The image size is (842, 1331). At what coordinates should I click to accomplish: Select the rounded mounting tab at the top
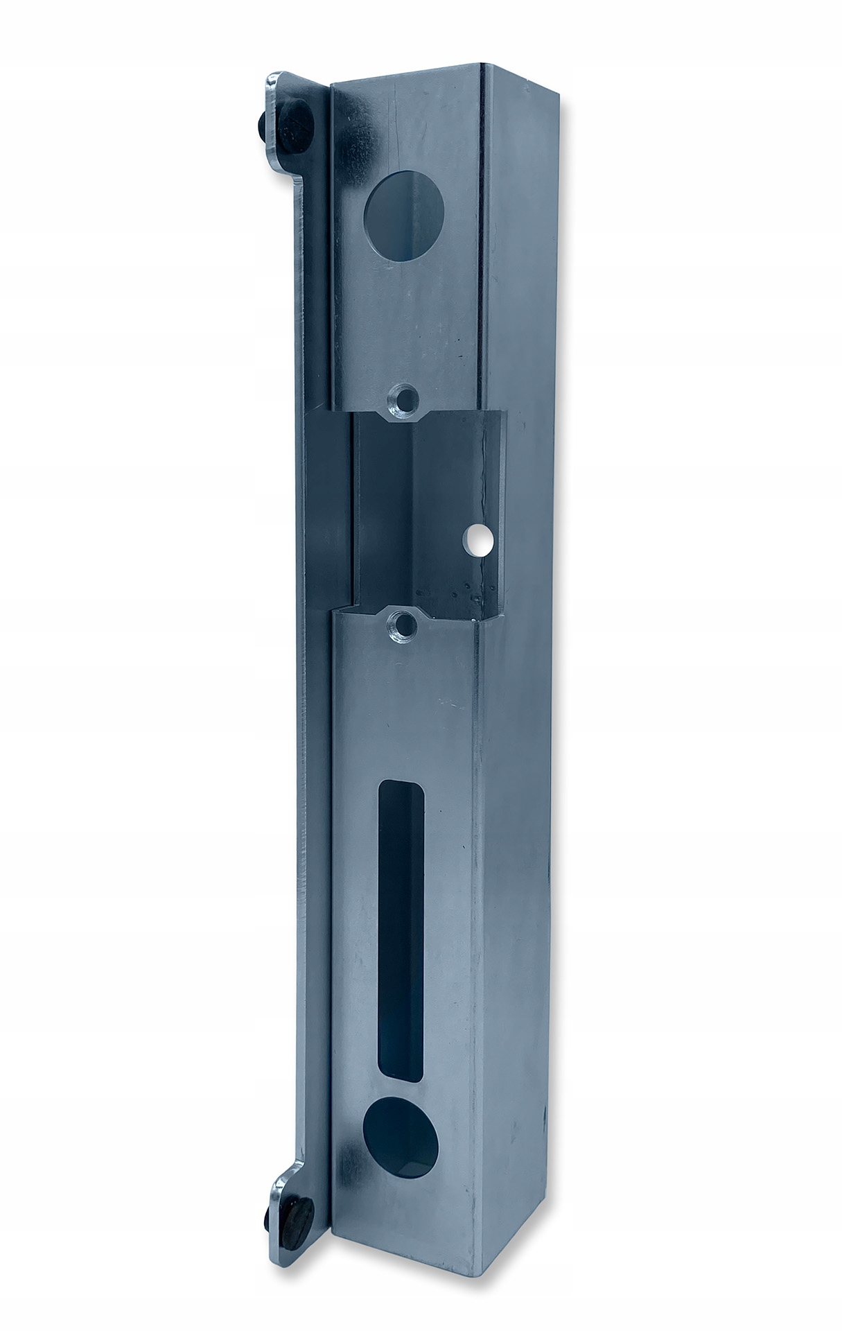coord(284,104)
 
